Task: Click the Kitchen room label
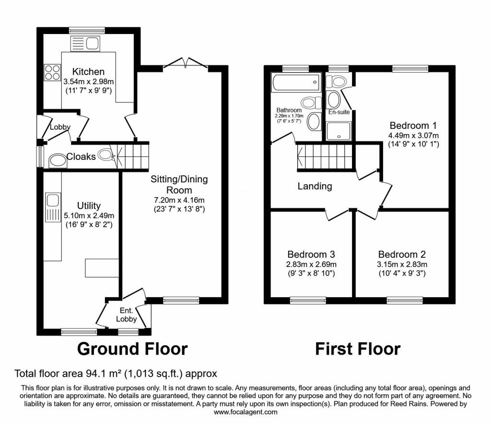coord(88,72)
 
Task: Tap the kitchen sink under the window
coord(85,44)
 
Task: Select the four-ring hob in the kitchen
coord(52,72)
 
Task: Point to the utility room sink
coord(53,208)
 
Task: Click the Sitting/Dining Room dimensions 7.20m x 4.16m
coord(179,201)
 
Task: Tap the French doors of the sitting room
coord(186,63)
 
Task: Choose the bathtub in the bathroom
coord(296,82)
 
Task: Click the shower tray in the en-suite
coord(339,131)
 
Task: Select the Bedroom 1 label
coord(413,125)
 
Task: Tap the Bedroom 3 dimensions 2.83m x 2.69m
coord(311,264)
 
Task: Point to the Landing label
coord(315,186)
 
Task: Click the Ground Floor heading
coord(132,349)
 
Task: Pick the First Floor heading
coord(358,349)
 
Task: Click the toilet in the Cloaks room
coord(105,155)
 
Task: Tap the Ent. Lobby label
coord(127,315)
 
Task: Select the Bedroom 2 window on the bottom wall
coord(405,300)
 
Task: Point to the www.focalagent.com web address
coord(245,412)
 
